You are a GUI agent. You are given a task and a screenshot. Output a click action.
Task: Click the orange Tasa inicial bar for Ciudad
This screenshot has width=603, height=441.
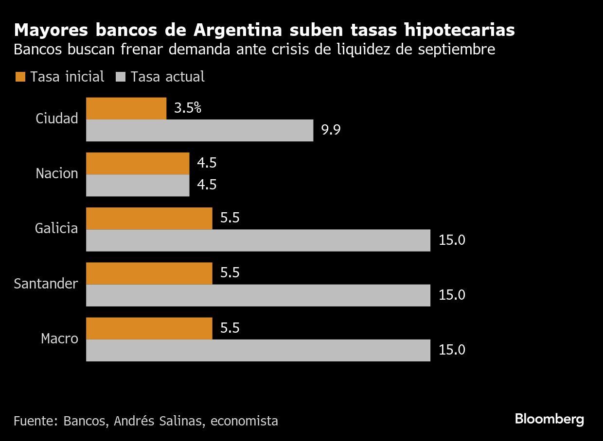[x=126, y=108]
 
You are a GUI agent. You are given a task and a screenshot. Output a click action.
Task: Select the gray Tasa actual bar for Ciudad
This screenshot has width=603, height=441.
[x=199, y=130]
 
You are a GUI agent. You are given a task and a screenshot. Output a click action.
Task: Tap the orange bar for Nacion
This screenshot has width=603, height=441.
[x=138, y=163]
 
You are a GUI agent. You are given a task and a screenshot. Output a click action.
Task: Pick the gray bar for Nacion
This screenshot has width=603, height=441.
[x=138, y=185]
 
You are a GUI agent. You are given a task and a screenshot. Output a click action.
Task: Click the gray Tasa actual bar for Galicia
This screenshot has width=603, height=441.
[x=258, y=240]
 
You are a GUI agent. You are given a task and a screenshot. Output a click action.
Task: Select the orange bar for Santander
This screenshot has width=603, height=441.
[x=149, y=273]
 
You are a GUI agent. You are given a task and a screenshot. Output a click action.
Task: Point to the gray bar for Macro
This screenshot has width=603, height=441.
[x=258, y=350]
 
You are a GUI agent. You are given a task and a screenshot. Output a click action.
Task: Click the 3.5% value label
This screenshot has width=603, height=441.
[x=188, y=108]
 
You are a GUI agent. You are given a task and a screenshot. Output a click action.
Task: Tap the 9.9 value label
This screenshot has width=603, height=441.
[x=331, y=130]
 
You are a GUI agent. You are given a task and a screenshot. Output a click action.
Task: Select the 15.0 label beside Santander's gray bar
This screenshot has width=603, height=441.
[x=452, y=295]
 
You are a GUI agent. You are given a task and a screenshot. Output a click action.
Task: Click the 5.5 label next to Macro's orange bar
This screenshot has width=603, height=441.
[x=230, y=328]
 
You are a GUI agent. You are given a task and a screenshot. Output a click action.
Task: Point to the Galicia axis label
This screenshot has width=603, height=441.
[x=56, y=228]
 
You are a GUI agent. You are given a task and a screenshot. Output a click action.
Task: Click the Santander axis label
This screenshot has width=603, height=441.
[x=46, y=284]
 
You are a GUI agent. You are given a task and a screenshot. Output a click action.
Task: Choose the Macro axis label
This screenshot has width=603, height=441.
[x=59, y=339]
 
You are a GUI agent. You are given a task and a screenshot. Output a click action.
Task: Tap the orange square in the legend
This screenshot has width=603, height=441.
[x=20, y=77]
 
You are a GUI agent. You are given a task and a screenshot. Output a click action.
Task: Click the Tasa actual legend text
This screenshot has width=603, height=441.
[x=167, y=77]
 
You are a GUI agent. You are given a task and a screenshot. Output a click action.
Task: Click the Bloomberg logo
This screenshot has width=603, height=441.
[x=550, y=419]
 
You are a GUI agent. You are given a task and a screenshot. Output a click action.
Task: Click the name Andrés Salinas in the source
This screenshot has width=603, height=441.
[x=159, y=421]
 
